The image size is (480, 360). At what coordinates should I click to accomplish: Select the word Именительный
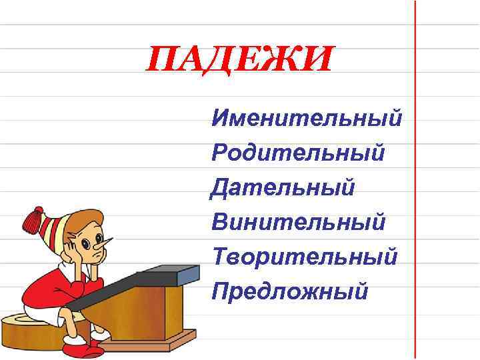[x=307, y=119]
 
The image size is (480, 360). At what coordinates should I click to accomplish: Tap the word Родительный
[x=298, y=153]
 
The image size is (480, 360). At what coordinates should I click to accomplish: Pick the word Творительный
[x=304, y=256]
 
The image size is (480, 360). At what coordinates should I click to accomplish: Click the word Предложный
[x=289, y=291]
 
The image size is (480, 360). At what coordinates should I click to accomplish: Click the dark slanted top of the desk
[x=133, y=283]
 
